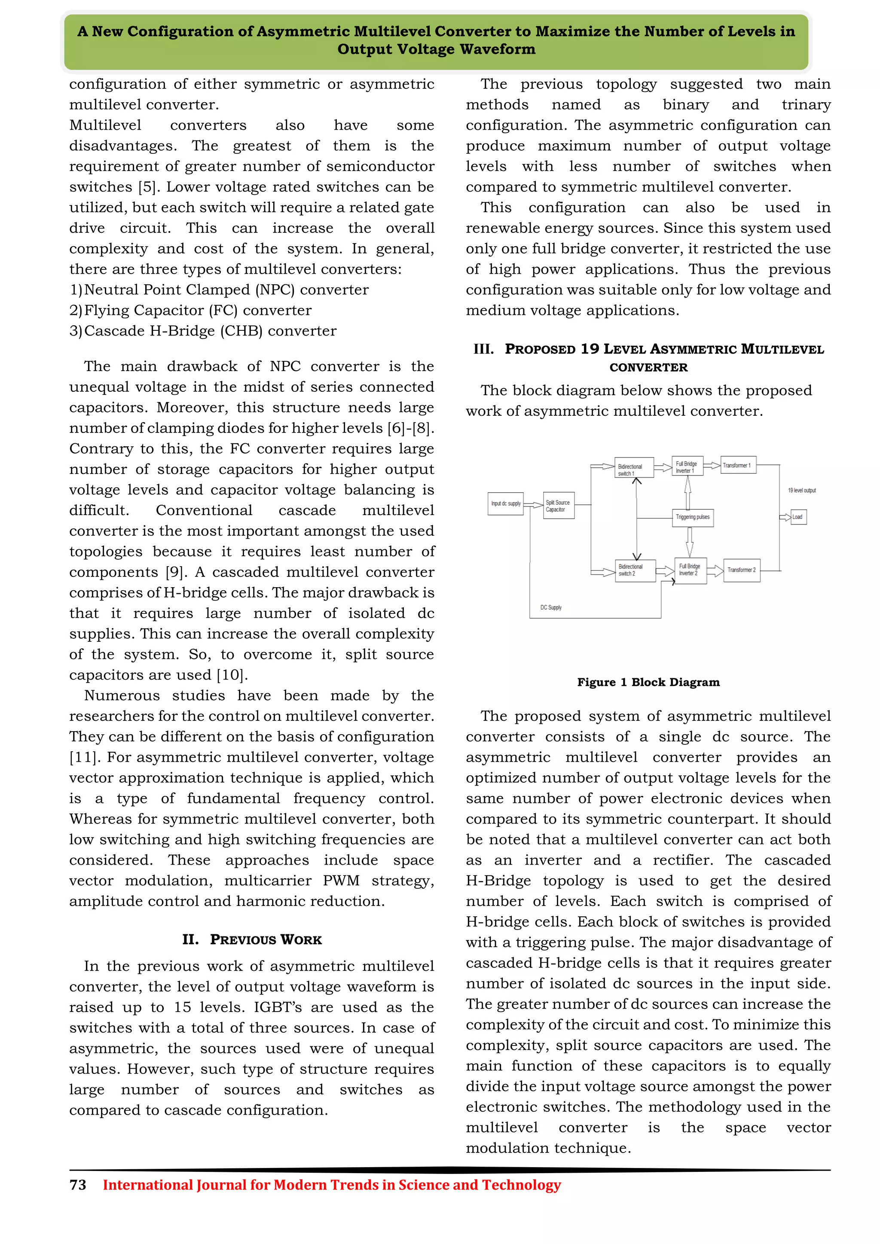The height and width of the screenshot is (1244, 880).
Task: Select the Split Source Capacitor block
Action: (x=559, y=506)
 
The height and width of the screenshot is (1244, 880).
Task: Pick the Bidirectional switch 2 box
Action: (x=635, y=570)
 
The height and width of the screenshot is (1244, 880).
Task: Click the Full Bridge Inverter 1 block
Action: (x=687, y=466)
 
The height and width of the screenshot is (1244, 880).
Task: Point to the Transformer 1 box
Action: (x=738, y=465)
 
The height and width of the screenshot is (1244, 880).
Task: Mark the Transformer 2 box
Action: (x=742, y=570)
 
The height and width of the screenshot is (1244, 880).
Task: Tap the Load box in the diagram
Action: (x=798, y=517)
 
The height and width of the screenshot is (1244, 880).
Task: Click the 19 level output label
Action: (x=801, y=490)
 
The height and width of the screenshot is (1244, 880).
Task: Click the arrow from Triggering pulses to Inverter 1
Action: (x=687, y=492)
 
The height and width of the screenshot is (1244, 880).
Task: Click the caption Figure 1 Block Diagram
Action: (x=648, y=682)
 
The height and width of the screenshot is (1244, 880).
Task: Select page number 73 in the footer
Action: (x=78, y=1185)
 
